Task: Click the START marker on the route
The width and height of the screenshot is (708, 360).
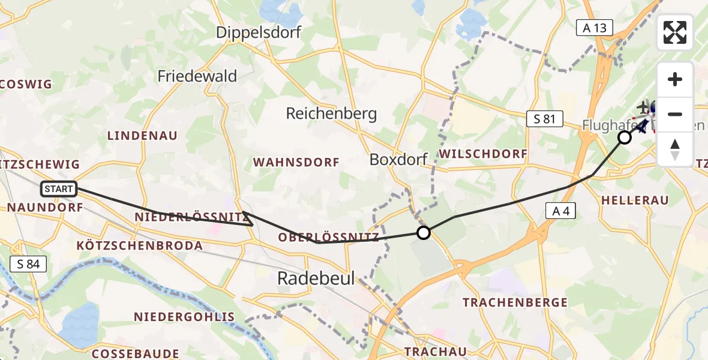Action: [59, 189]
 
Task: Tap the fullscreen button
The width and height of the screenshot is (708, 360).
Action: [675, 32]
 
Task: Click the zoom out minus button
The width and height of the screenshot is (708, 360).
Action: [675, 114]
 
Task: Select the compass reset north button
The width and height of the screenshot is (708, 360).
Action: [675, 149]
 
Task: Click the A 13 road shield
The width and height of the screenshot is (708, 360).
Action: [595, 27]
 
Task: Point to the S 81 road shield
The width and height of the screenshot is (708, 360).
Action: [544, 119]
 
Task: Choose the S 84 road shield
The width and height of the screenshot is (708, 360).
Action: [28, 263]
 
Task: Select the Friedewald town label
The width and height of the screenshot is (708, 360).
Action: [197, 76]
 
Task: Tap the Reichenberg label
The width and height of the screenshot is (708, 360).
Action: [331, 113]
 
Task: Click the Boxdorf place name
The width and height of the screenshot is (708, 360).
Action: [398, 160]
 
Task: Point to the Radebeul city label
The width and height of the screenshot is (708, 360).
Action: [316, 278]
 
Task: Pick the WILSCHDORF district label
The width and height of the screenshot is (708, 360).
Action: [483, 154]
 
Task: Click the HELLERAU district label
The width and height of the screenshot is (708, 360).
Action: [634, 200]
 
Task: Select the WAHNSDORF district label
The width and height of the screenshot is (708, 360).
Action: [296, 162]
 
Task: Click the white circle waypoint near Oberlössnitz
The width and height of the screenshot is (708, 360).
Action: [424, 233]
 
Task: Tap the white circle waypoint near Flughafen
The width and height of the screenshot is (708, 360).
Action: [625, 137]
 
